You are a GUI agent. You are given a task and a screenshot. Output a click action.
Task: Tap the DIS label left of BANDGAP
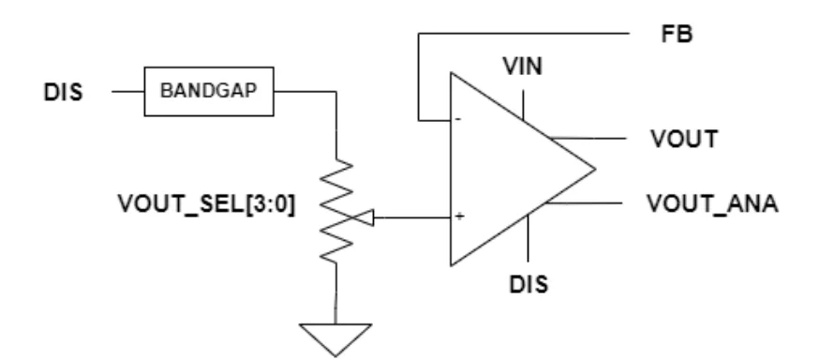[x=64, y=93]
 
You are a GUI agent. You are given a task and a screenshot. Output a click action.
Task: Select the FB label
[x=678, y=34]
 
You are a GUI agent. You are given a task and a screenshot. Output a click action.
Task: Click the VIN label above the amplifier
[x=523, y=67]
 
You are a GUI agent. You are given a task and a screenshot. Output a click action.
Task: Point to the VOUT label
[x=685, y=139]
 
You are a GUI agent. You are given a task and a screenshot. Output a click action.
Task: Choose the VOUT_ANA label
[x=713, y=203]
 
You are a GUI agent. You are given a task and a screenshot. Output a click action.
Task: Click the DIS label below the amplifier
[x=529, y=284]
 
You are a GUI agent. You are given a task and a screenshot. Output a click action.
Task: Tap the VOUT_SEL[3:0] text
[x=206, y=203]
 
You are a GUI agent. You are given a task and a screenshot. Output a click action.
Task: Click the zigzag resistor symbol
[x=336, y=211]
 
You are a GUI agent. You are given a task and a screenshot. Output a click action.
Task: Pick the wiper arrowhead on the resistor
[x=367, y=217]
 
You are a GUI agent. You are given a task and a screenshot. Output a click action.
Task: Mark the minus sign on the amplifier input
[x=458, y=119]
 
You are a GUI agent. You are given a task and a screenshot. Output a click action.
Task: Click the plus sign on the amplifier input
[x=459, y=216]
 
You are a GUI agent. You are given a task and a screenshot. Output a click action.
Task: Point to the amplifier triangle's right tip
[x=595, y=169]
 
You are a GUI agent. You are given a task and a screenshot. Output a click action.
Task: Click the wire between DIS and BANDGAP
[x=128, y=92]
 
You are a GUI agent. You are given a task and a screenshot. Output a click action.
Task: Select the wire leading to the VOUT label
[x=588, y=138]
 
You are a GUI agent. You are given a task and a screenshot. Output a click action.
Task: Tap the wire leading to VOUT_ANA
[x=585, y=203]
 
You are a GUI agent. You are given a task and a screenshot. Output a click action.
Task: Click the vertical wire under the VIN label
[x=523, y=105]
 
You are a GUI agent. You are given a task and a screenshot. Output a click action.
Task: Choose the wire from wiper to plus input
[x=412, y=217]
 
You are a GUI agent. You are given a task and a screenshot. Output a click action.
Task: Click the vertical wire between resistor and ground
[x=335, y=293]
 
